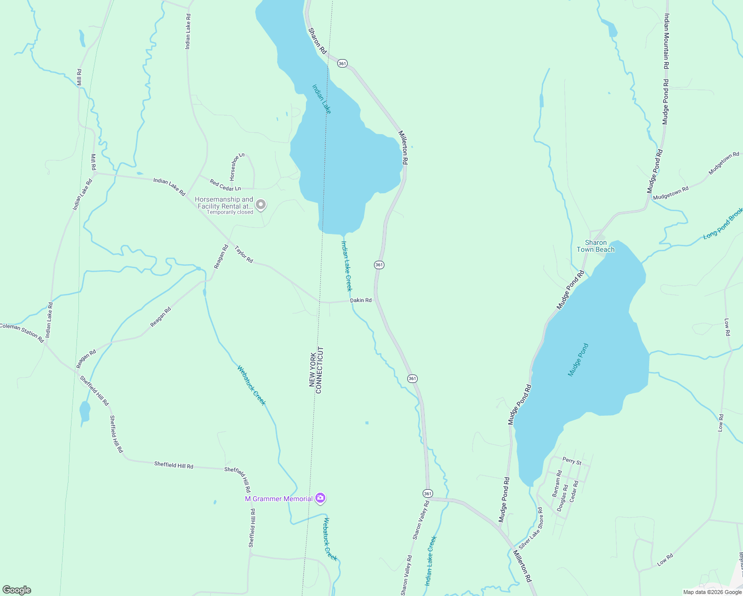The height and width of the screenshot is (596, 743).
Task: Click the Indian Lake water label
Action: (x=321, y=99)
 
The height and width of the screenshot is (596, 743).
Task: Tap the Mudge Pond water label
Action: (x=578, y=360)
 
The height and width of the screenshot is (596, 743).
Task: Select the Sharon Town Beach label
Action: (x=595, y=246)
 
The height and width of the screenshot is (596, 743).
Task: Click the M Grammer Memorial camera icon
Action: (x=320, y=498)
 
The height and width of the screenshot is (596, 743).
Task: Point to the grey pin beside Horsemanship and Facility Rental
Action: (x=261, y=205)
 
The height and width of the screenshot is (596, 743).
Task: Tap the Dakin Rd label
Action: (x=361, y=300)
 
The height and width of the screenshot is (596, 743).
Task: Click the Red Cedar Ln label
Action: (x=225, y=185)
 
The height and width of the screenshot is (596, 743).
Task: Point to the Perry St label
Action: (x=572, y=461)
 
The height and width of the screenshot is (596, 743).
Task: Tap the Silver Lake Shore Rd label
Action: (x=530, y=528)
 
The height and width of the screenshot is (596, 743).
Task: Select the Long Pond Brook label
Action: (x=723, y=224)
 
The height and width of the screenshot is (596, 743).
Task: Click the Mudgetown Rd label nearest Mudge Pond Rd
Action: (x=670, y=193)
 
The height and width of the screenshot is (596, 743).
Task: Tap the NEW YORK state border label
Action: (x=312, y=370)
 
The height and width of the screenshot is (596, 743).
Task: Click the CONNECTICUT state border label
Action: (x=319, y=370)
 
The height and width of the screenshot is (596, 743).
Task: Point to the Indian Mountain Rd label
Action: (x=667, y=42)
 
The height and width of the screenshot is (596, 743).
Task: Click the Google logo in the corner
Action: (x=16, y=590)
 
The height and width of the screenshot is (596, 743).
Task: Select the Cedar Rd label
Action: (x=574, y=490)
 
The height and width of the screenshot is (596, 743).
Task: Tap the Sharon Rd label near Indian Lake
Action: (x=317, y=41)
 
